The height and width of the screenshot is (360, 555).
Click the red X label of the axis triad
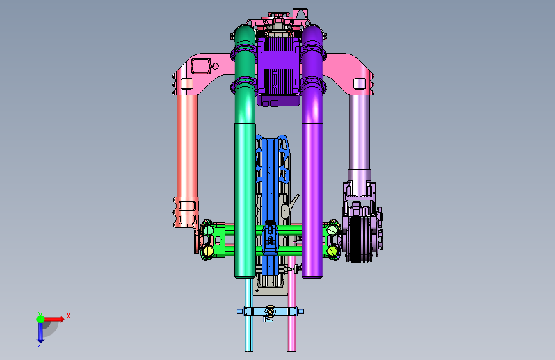click(x=68, y=316)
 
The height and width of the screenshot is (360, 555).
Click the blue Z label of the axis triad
click(x=40, y=344)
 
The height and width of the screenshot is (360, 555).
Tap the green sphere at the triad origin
click(x=41, y=319)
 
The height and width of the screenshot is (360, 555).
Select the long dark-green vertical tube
click(x=245, y=152)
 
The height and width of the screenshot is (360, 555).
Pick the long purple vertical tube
click(x=312, y=152)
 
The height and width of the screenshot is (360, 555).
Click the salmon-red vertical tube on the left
click(x=188, y=145)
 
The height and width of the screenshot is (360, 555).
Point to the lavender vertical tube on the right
click(x=359, y=138)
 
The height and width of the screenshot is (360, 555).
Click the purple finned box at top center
click(x=278, y=71)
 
